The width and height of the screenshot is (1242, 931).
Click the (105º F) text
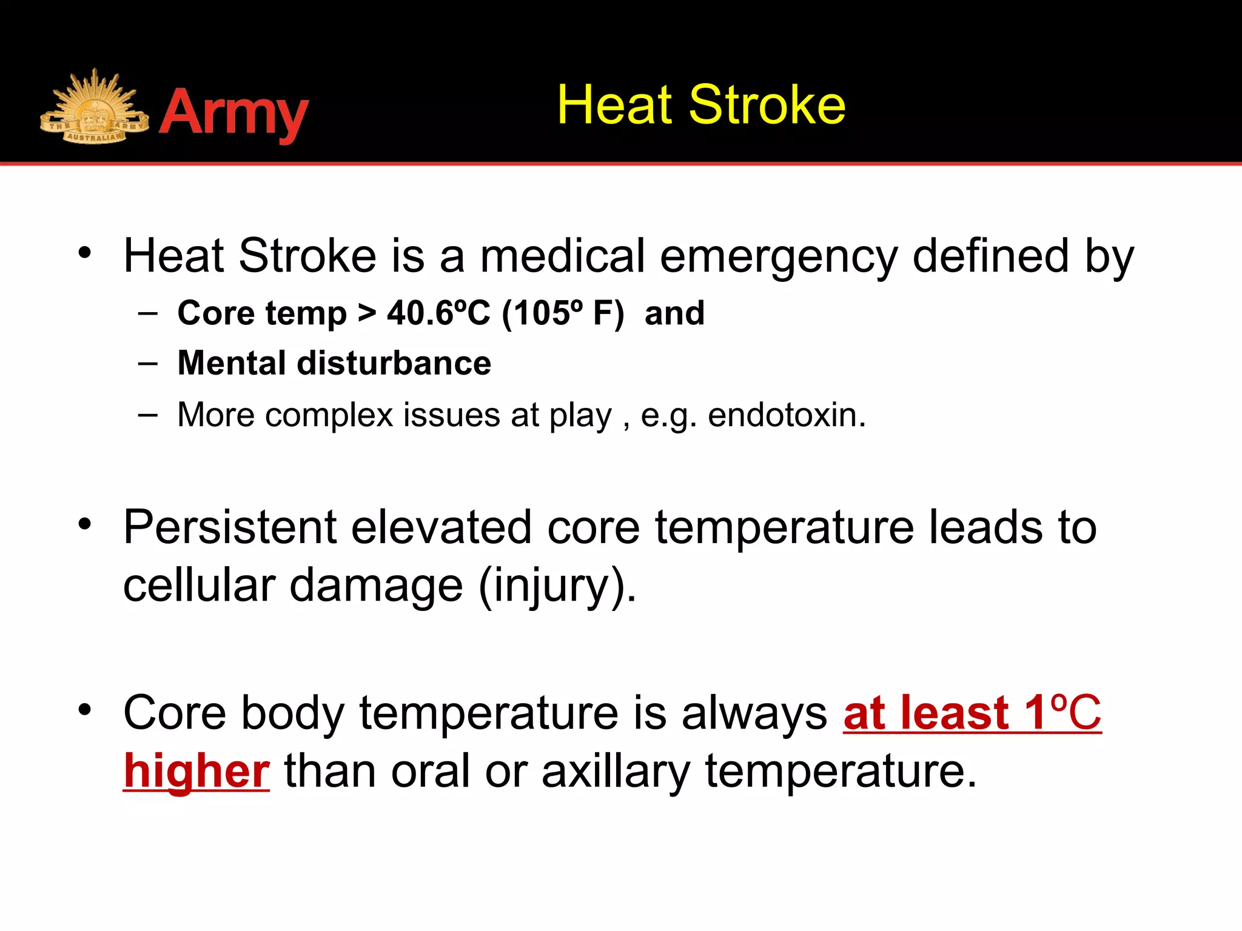pos(563,313)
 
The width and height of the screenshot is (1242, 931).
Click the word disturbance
pos(394,363)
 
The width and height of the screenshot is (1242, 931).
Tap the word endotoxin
pos(786,415)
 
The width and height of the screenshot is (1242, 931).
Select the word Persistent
pos(229,527)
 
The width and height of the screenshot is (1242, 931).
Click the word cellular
pos(198,586)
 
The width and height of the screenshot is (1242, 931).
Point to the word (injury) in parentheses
pos(557,586)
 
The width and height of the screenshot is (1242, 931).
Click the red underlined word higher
pos(196,771)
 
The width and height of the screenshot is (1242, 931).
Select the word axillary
pos(616,771)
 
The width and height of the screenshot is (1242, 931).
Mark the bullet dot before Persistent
pos(85,524)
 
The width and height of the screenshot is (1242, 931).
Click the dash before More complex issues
pos(147,415)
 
